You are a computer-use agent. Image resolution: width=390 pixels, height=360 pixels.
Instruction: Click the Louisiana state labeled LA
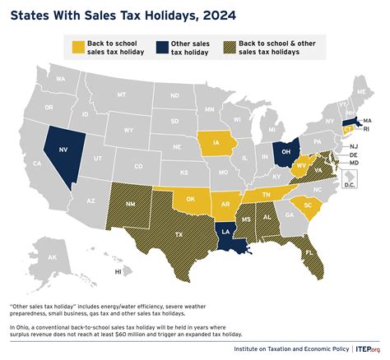226,233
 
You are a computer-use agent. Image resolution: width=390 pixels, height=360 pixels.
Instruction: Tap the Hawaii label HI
118,271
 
